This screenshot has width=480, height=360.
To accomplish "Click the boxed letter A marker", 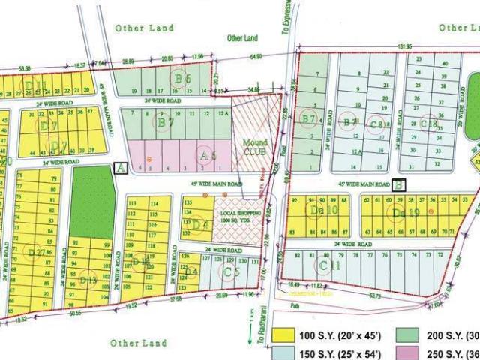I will [x=120, y=168].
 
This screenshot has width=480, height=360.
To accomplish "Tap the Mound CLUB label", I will [x=254, y=145].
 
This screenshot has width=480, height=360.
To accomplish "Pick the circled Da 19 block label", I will [x=398, y=213].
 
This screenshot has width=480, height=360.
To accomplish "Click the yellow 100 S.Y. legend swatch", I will [x=284, y=334].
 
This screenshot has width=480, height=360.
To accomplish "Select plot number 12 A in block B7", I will [x=222, y=113].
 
